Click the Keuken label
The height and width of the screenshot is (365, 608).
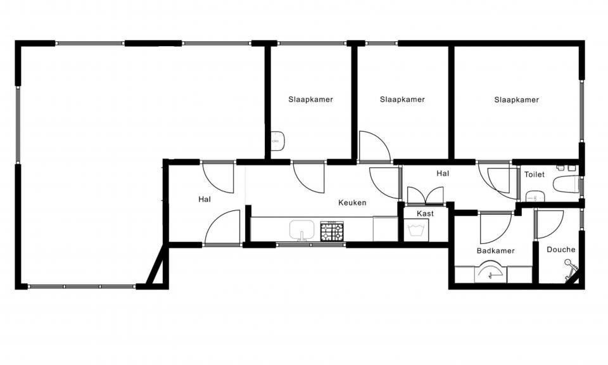[x=352, y=203]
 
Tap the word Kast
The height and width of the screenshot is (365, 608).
[x=426, y=214]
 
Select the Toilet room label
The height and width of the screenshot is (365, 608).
[x=535, y=174]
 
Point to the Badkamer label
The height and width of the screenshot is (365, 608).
[x=495, y=251]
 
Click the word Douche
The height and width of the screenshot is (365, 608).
[x=560, y=250]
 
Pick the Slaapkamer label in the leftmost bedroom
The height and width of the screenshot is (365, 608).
[x=310, y=99]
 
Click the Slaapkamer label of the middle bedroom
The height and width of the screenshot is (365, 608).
[x=403, y=99]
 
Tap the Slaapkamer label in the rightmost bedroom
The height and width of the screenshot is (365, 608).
[x=517, y=99]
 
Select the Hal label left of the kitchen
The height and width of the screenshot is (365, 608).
[x=205, y=200]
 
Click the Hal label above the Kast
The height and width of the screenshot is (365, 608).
[x=443, y=174]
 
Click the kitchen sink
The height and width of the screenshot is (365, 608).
[x=301, y=230]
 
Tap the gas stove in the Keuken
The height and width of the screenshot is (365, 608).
[x=332, y=231]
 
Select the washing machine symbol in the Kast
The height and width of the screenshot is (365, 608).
[x=416, y=230]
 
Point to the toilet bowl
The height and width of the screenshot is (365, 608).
[x=567, y=184]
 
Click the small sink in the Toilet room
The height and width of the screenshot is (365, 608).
[x=535, y=196]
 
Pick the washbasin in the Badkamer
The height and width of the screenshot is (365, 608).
[x=491, y=271]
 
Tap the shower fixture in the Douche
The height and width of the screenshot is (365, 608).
[x=571, y=269]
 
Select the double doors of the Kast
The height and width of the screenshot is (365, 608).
[x=426, y=196]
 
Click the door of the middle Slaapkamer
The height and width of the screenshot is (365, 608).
[x=374, y=146]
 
